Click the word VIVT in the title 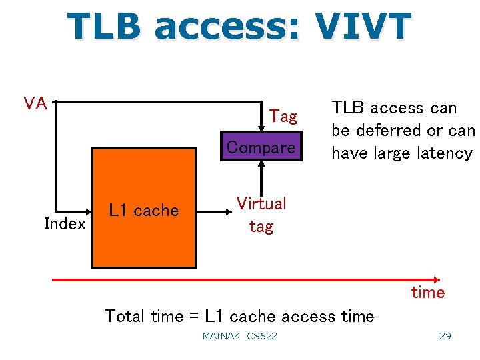coord(363,27)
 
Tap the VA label coord(35,103)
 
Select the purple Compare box coord(261,146)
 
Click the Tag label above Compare coord(283,117)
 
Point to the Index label coord(65,224)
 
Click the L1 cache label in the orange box coord(144,211)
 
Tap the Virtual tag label coord(261,215)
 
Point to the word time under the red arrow coord(428,293)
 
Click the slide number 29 coord(445,336)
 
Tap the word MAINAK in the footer coord(221,336)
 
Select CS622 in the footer coord(262,336)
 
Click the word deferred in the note coord(386,130)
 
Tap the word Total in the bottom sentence coord(126,316)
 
